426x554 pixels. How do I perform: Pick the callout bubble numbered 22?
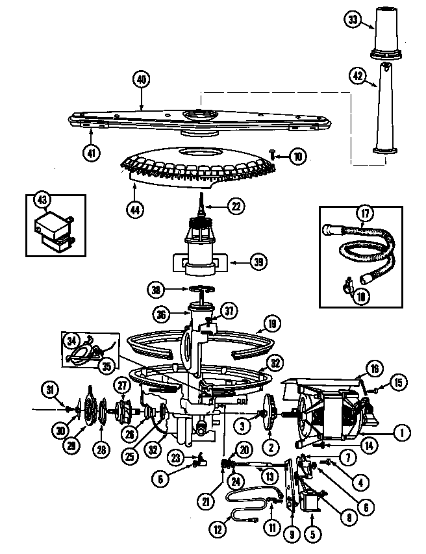tap(236, 207)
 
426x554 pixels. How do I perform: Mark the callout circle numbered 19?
tap(272, 322)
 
